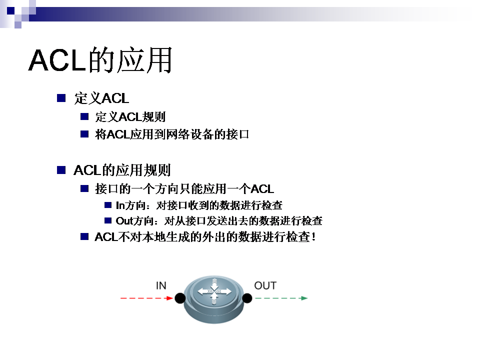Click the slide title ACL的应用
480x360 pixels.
[100, 60]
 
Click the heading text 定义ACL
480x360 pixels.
[101, 98]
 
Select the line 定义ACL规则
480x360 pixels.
[130, 116]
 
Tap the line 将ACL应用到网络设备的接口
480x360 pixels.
[172, 134]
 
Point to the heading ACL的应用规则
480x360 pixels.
[122, 170]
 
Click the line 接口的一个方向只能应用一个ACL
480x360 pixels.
[184, 188]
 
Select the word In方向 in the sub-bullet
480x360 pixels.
[130, 205]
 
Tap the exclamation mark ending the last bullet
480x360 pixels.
[313, 236]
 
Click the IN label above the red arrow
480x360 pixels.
[161, 285]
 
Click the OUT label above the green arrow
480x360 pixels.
[265, 285]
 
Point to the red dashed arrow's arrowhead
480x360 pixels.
[170, 298]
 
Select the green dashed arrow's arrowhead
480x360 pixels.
[304, 298]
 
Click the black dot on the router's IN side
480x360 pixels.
[180, 298]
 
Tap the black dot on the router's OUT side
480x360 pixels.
[247, 298]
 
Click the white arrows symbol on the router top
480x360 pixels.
[214, 291]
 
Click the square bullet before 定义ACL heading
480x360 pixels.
[61, 98]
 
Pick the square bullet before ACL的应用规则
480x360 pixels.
[61, 170]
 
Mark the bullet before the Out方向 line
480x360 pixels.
[108, 220]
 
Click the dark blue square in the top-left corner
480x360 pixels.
[10, 10]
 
